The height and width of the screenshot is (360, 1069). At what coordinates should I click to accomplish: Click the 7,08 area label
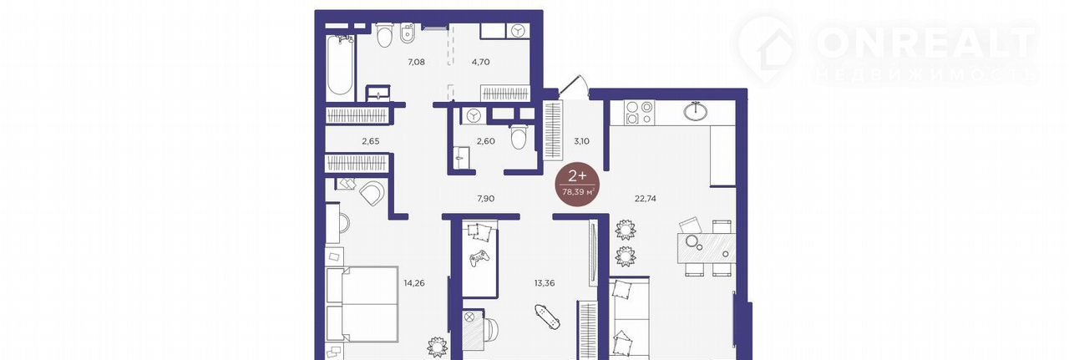[x=416, y=62]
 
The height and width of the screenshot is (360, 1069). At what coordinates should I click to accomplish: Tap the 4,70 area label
[x=480, y=62]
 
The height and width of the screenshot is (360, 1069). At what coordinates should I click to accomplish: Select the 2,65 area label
[x=370, y=141]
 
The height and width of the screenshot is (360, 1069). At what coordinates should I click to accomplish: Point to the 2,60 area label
[x=486, y=141]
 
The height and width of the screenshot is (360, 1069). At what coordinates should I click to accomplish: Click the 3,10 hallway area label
[x=581, y=141]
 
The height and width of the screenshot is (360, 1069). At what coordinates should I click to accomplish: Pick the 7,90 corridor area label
[x=486, y=199]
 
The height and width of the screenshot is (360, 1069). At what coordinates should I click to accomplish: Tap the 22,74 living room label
[x=646, y=199]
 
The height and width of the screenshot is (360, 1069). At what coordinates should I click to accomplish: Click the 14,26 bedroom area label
[x=413, y=283]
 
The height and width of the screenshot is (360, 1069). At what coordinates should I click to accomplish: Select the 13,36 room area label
[x=545, y=283]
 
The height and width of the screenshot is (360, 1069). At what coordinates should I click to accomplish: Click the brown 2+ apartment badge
[x=577, y=184]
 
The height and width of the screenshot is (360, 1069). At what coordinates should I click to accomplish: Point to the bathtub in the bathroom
[x=340, y=67]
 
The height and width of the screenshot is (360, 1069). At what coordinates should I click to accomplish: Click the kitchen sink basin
[x=696, y=111]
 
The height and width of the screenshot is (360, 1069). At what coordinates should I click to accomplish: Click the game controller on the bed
[x=479, y=258]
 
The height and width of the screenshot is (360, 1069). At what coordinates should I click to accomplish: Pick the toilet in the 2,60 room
[x=517, y=136]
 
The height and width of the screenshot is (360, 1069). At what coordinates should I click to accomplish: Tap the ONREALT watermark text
[x=926, y=42]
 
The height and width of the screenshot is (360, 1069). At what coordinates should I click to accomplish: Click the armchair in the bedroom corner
[x=372, y=193]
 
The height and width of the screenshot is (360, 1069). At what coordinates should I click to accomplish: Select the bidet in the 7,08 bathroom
[x=407, y=33]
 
